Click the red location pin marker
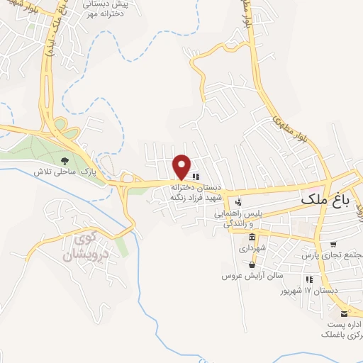[182, 167]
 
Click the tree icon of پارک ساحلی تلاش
[65, 161]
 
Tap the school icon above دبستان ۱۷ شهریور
[308, 280]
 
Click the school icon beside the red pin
[196, 177]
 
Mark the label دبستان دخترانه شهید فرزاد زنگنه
[195, 192]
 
